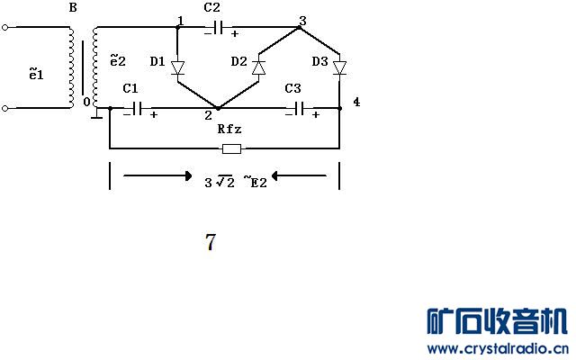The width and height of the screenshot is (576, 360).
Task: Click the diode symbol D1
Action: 177,67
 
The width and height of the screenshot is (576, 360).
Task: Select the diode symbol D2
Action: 258,67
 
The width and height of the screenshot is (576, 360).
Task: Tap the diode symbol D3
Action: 339,67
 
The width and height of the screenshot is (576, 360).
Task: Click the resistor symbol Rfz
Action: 230,148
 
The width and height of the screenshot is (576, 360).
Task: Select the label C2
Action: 212,7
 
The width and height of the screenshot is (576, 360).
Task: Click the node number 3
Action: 302,20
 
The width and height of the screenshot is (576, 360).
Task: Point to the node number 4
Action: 356,103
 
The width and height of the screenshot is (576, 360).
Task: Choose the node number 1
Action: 181,19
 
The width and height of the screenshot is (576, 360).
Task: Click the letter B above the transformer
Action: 73,9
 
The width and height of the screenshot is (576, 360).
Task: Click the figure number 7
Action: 210,242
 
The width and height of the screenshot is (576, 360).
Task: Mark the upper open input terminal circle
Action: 6,28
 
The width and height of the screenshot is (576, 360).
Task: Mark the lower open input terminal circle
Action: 6,109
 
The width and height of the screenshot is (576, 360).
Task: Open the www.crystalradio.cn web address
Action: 497,348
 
